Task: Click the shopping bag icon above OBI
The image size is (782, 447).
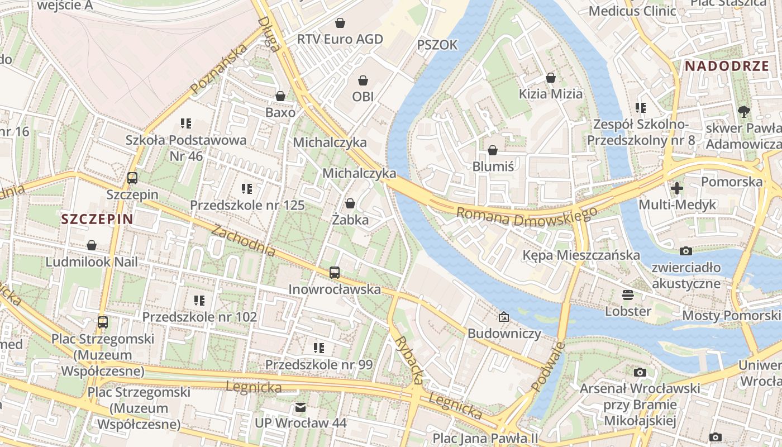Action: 363,80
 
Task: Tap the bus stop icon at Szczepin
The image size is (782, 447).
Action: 132,178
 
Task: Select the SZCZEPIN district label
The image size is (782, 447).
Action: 97,219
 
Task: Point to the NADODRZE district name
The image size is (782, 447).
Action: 727,65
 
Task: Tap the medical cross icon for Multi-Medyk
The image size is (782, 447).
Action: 677,188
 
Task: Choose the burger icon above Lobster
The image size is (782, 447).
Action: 628,294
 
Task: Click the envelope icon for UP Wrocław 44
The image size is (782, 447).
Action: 301,407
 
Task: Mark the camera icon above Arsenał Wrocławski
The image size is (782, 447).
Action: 640,372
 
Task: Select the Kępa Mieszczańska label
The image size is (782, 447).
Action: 581,255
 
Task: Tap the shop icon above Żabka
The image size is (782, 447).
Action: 350,203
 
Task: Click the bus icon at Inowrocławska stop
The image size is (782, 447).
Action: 334,273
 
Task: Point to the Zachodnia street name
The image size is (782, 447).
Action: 244,241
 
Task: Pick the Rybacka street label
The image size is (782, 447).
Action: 408,360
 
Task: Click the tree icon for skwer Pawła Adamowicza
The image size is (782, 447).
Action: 743,112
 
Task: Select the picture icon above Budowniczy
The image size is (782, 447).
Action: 504,317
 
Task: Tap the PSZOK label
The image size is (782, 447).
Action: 437,45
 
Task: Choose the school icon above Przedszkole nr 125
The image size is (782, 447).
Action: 247,189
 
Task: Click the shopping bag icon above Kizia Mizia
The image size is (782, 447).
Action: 551,78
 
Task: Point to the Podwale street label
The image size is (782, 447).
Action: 547,367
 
